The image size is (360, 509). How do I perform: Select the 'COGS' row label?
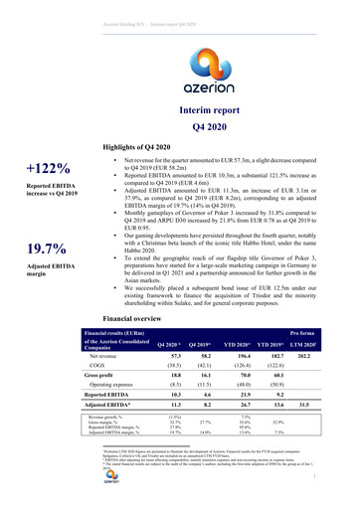[98, 396]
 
